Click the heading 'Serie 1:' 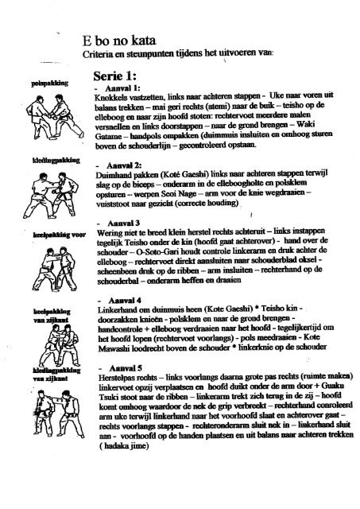118,72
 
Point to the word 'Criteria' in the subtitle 109,53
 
